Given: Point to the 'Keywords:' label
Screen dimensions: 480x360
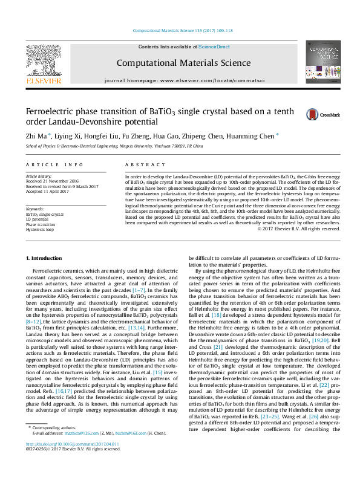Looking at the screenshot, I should [34, 209].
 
